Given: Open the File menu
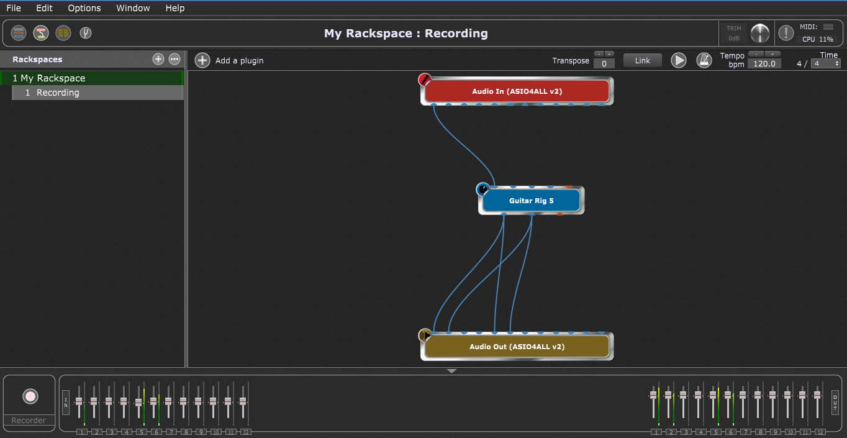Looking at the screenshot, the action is click(x=14, y=8).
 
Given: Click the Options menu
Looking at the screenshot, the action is click(x=84, y=8).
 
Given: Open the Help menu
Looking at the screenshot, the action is click(x=174, y=8).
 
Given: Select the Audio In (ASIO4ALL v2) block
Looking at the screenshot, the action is click(x=517, y=91).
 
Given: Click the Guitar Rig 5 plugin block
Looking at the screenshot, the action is click(x=532, y=201).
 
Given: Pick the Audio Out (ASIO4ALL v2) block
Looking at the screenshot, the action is click(x=517, y=347).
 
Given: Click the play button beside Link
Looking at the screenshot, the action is click(x=678, y=60).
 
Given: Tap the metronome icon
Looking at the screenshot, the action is click(x=704, y=60).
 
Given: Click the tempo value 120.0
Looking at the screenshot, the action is click(x=764, y=64).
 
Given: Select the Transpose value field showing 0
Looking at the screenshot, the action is click(x=604, y=64).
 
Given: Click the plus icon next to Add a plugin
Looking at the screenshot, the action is click(x=202, y=60).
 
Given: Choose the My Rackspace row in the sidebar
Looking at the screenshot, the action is click(x=92, y=78).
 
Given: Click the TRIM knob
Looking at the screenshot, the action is click(x=759, y=34).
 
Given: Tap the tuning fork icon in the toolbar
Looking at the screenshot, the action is click(x=86, y=33).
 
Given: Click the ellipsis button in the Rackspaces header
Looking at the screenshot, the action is click(x=174, y=60).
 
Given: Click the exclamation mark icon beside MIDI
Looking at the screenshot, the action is click(x=786, y=33).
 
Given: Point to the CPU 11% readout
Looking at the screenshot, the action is click(x=818, y=39).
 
